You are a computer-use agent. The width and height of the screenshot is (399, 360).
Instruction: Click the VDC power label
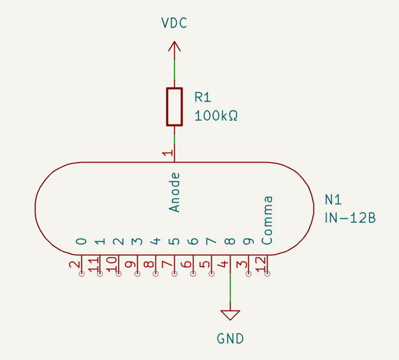tap(174, 23)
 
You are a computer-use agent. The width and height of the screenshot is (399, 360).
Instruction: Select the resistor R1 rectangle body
tap(174, 107)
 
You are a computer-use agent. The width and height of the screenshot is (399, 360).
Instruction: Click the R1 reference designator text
tap(203, 97)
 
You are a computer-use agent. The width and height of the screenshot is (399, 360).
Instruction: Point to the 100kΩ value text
tap(216, 116)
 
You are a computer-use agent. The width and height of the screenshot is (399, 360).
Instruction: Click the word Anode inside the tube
tap(175, 192)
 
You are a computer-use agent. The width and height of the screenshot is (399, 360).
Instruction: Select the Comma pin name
tap(267, 220)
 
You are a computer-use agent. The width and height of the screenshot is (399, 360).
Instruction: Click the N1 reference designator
tap(333, 200)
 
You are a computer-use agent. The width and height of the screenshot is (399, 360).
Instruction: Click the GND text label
tap(230, 339)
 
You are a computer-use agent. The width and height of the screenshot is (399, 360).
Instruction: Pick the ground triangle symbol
tap(230, 315)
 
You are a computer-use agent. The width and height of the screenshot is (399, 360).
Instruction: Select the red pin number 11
tap(93, 264)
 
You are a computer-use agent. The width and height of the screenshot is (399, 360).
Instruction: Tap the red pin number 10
tap(112, 264)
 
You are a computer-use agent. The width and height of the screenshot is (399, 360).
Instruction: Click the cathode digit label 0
tap(81, 241)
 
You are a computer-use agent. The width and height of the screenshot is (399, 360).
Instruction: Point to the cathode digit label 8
tap(230, 241)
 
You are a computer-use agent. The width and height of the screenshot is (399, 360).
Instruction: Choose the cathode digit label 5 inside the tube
tap(175, 241)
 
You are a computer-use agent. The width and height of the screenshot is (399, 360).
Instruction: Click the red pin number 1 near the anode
tap(167, 153)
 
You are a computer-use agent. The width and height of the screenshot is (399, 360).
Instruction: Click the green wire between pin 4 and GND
tap(230, 292)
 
